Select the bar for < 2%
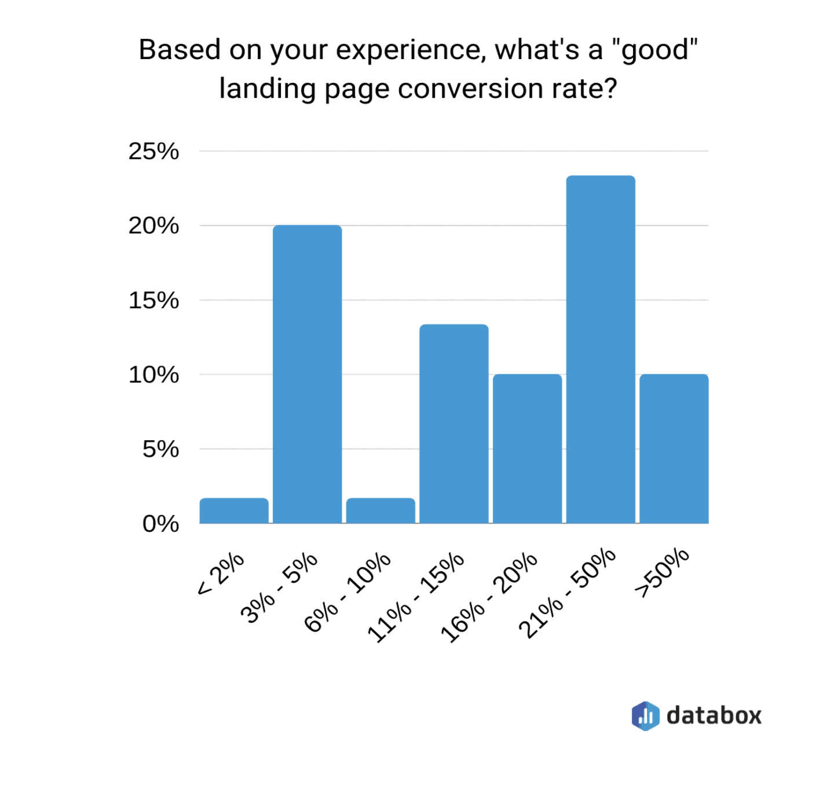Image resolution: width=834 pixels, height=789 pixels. (x=234, y=511)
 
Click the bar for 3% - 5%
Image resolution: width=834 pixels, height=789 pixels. (x=307, y=374)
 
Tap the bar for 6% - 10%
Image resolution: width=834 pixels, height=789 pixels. (x=381, y=511)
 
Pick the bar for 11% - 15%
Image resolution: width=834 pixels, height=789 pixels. (x=454, y=424)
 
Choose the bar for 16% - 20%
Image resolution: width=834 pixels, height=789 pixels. (x=527, y=449)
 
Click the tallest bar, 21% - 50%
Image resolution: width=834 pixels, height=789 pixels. (x=601, y=350)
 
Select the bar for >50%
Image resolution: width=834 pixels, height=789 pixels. (x=674, y=449)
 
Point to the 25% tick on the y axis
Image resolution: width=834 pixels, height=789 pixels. (x=153, y=152)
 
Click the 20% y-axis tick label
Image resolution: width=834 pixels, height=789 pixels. (x=153, y=226)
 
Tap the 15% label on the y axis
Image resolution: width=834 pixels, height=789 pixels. (x=153, y=301)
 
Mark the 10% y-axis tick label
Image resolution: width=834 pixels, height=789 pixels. (x=153, y=375)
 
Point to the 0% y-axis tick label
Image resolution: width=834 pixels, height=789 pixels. (x=160, y=524)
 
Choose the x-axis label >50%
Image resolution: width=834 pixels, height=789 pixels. (x=662, y=572)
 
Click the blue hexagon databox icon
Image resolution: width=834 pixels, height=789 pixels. (x=645, y=716)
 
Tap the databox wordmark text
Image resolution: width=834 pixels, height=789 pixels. (x=714, y=715)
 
